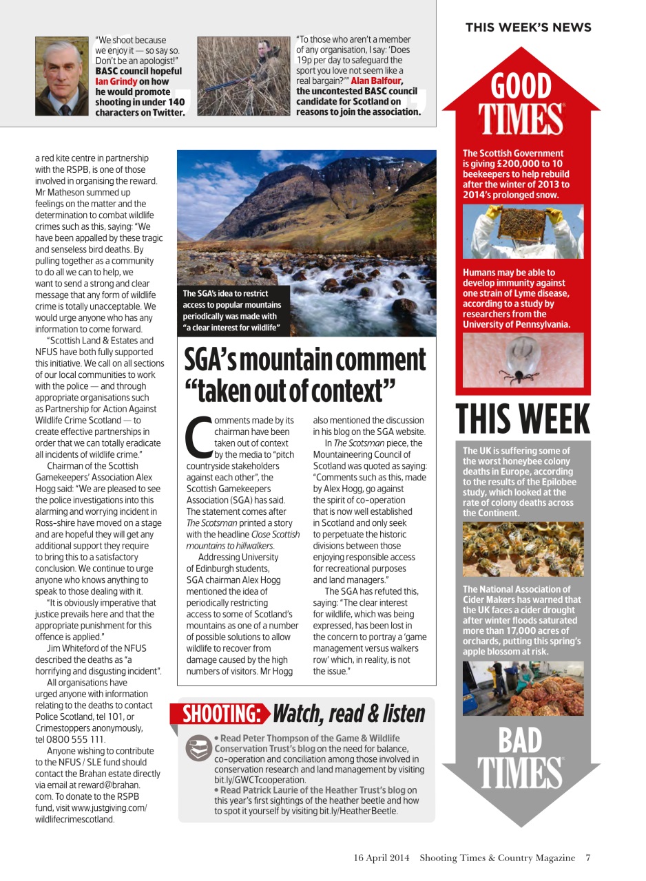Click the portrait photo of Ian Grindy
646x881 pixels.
click(x=62, y=76)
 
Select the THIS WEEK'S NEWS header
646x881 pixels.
click(x=528, y=28)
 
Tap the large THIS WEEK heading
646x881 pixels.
click(x=523, y=419)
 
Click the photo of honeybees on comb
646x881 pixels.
click(x=523, y=549)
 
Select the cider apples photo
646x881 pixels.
click(x=523, y=688)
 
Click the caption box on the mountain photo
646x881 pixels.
click(x=231, y=310)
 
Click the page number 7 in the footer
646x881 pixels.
click(x=588, y=858)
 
